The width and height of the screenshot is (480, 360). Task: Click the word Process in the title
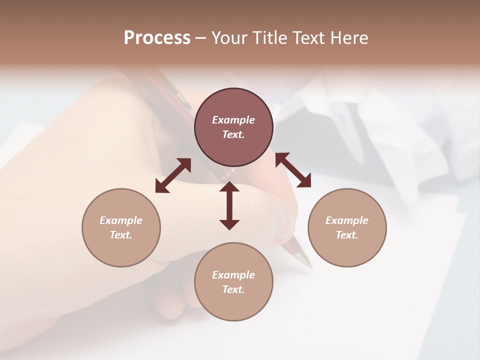pos(157,38)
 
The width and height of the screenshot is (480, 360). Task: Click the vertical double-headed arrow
pos(229,205)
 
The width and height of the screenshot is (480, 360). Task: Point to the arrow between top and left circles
pos(173,175)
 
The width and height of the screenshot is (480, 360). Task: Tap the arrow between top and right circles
pos(293,170)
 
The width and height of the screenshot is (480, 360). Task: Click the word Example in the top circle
pos(233,120)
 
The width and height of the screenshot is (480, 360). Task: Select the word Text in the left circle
pos(120,235)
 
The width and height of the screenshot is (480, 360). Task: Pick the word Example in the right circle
pos(347,220)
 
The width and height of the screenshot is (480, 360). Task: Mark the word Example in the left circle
pos(121,220)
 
